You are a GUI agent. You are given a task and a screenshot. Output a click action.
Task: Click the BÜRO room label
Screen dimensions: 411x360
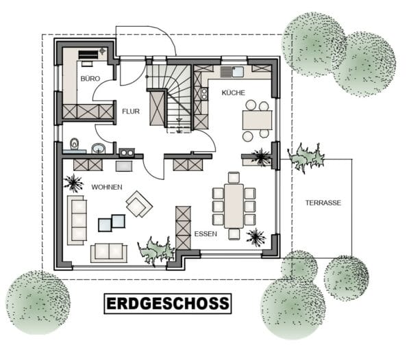point(90,79)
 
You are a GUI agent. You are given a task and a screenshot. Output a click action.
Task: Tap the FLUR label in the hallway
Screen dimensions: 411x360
point(131,112)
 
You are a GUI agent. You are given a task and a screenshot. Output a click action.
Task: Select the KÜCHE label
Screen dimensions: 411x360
point(234,92)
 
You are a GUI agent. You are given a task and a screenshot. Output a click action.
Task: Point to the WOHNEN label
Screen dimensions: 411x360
point(107,187)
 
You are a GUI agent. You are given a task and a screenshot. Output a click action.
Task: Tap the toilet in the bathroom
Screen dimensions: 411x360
point(75,145)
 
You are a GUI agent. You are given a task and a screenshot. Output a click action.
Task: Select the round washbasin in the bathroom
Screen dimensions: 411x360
point(99,149)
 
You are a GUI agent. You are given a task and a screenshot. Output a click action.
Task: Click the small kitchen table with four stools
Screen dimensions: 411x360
point(257,120)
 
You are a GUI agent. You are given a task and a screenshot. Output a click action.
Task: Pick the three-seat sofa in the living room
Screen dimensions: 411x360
point(77,220)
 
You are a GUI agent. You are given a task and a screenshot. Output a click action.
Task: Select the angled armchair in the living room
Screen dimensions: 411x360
point(139,204)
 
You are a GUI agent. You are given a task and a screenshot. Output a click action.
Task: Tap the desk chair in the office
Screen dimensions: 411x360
point(87,64)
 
